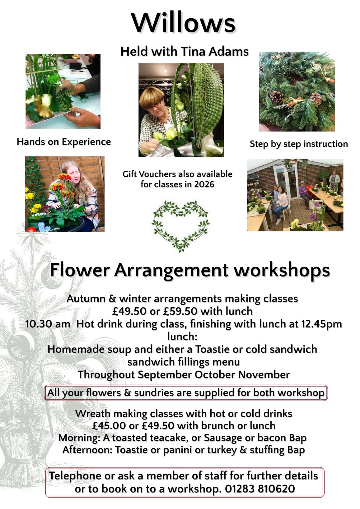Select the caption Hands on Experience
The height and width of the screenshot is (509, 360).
coord(64,142)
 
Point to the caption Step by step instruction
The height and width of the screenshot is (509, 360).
coord(299,144)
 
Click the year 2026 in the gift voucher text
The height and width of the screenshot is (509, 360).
coord(204,184)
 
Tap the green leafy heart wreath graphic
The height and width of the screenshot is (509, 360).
coord(180,226)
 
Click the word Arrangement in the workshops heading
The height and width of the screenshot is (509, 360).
coord(171,271)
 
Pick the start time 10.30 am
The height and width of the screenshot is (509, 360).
coord(48,324)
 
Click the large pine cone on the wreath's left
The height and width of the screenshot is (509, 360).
coord(277,97)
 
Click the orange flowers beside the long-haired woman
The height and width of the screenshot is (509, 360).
coord(63,184)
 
